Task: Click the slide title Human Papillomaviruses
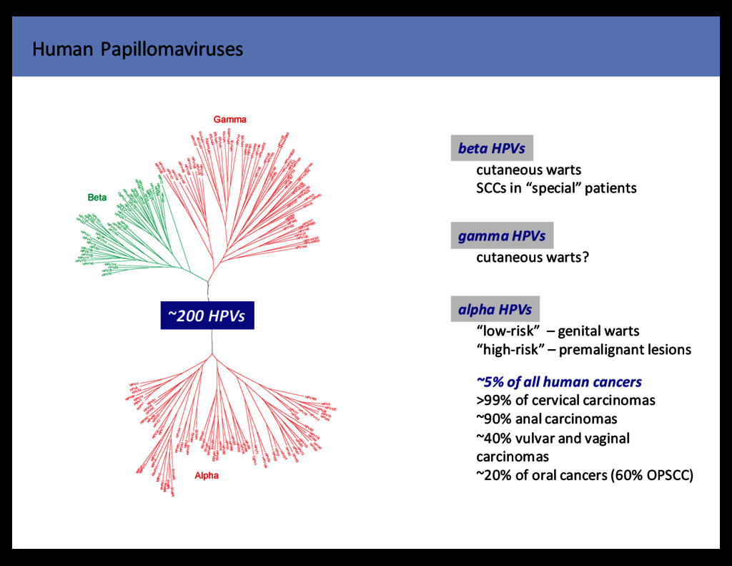coord(138,49)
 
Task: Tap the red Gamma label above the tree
coord(229,119)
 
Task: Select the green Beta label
coord(97,197)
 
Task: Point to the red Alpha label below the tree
coord(207,475)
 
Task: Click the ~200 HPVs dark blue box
coord(207,316)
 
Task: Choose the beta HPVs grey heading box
coord(491,149)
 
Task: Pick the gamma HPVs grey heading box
coord(501,236)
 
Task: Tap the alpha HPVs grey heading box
coord(495,310)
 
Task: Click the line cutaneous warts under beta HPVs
coord(528,170)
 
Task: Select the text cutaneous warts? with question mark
coord(533,258)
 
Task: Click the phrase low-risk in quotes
coord(507,331)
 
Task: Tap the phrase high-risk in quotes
coord(509,350)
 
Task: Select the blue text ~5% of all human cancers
coord(559,382)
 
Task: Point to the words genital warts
coord(598,331)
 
